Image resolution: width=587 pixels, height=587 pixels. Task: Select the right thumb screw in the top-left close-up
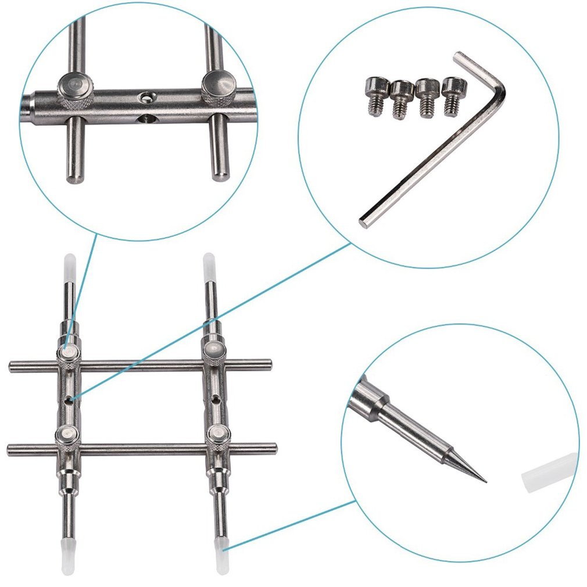tap(217, 87)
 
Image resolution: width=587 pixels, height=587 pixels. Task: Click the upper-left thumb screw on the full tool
tap(69, 352)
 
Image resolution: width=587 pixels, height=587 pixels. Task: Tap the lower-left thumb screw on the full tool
tap(68, 435)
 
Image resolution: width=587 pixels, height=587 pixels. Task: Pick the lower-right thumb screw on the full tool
tap(218, 434)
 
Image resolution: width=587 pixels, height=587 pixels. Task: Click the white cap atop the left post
tap(69, 262)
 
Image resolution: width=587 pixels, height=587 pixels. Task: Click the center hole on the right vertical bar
tap(215, 399)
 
